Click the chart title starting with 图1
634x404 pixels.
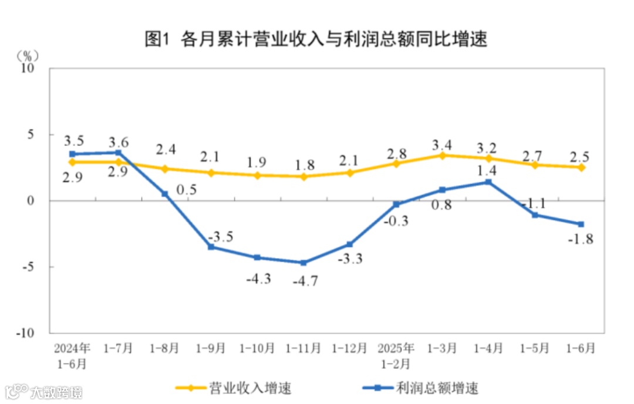316,39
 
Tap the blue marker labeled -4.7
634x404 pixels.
303,263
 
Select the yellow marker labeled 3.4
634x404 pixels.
443,155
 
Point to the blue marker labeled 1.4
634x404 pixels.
489,182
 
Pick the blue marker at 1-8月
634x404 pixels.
165,193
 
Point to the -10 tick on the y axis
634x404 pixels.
27,333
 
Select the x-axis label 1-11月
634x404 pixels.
303,348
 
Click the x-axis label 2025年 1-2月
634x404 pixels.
396,355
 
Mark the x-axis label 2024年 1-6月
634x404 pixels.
72,355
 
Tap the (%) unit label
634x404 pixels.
27,56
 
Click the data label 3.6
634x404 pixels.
119,142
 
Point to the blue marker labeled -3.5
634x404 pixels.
211,247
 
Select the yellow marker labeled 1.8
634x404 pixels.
303,176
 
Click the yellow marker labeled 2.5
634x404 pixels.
581,167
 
